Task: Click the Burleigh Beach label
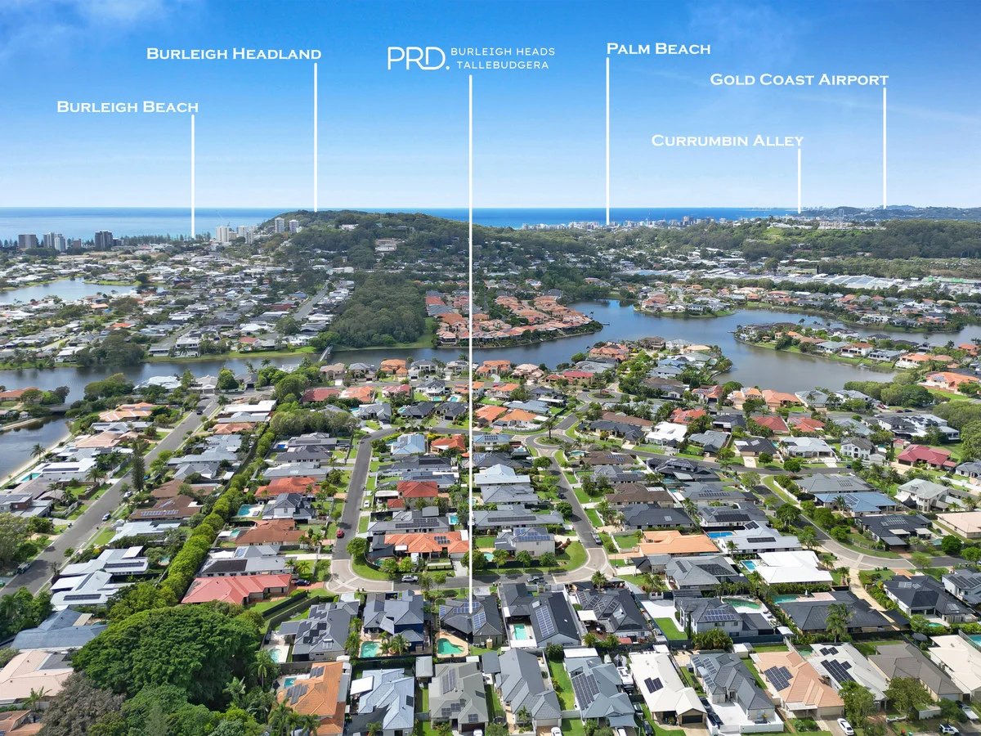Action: pyautogui.click(x=128, y=107)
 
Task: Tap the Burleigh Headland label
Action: pyautogui.click(x=234, y=54)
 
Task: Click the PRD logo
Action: pyautogui.click(x=418, y=59)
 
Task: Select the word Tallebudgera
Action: pyautogui.click(x=502, y=65)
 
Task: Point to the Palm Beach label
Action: pyautogui.click(x=658, y=49)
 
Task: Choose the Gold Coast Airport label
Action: pyautogui.click(x=799, y=79)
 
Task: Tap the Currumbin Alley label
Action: pyautogui.click(x=727, y=141)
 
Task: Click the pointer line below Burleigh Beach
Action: pyautogui.click(x=193, y=176)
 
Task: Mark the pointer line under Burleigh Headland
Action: pyautogui.click(x=316, y=137)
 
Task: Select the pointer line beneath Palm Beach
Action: pyautogui.click(x=607, y=141)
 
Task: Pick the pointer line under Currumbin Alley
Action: pyautogui.click(x=800, y=181)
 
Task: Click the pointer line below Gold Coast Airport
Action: pyautogui.click(x=885, y=148)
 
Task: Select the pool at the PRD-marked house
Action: pyautogui.click(x=450, y=646)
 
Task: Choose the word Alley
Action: pyautogui.click(x=778, y=141)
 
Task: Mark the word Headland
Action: pyautogui.click(x=276, y=54)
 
